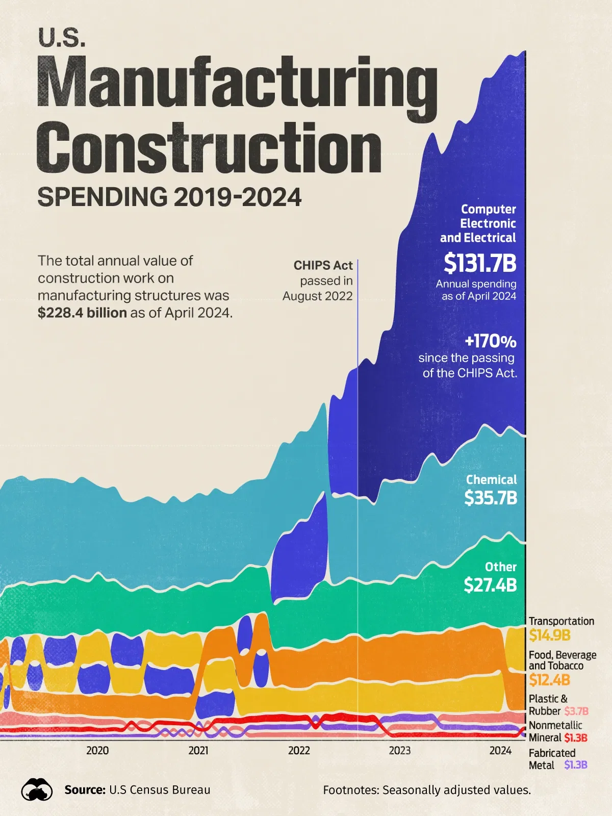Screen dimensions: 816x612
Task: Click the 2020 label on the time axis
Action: (97, 750)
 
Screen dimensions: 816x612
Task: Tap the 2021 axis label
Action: (198, 750)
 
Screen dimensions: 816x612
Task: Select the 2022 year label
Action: (299, 750)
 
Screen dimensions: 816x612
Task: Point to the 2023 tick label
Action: (400, 750)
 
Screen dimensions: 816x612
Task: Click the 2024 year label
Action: (500, 750)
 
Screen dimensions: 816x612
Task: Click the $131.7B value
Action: (480, 264)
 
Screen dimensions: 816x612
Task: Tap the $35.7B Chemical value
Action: (491, 498)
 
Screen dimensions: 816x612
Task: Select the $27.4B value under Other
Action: (491, 585)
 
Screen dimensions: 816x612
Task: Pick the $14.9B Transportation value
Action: (549, 635)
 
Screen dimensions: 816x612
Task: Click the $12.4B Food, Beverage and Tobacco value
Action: (549, 680)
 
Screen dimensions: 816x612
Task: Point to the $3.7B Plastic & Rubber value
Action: (576, 711)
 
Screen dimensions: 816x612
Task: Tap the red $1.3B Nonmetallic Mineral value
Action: (576, 737)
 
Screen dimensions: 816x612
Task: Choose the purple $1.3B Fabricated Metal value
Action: (576, 765)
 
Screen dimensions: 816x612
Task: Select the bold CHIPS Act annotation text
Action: (323, 265)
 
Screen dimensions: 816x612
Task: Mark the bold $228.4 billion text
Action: (82, 313)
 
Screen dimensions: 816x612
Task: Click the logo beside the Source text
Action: (37, 790)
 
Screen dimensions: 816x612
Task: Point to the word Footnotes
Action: (350, 790)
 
